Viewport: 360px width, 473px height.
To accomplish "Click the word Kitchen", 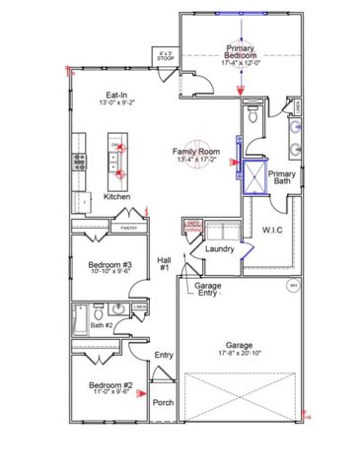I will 117,197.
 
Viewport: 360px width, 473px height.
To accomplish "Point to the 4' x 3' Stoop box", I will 166,57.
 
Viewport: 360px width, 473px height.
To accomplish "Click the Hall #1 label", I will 165,263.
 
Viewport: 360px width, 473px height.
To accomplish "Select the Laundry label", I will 218,249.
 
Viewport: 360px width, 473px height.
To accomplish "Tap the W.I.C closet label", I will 273,231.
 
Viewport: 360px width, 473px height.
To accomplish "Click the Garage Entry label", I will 207,289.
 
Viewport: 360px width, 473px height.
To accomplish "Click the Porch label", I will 163,402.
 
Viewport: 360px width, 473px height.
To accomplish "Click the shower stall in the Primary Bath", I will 255,177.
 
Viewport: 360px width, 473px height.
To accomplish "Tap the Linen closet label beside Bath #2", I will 141,306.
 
